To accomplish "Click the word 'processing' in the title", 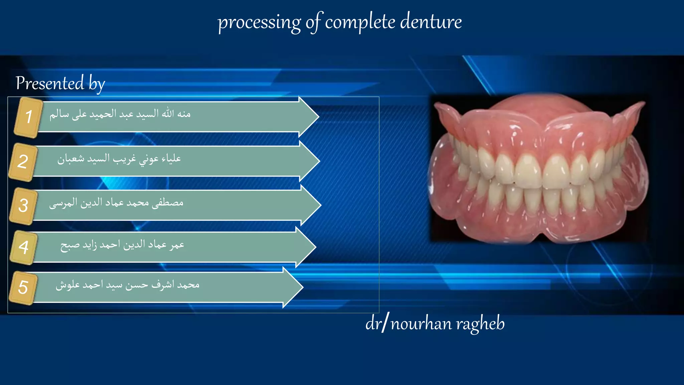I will (259, 23).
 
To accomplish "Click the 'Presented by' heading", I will (60, 83).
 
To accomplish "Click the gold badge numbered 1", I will (28, 117).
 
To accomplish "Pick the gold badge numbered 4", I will (23, 247).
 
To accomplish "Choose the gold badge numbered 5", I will (23, 288).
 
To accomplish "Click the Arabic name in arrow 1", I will (120, 114).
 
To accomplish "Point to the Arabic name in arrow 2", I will (119, 159).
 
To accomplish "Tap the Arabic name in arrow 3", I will (116, 203).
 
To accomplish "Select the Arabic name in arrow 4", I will (122, 245).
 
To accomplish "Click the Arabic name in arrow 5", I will (128, 285).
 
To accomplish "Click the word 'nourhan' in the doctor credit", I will (421, 324).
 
